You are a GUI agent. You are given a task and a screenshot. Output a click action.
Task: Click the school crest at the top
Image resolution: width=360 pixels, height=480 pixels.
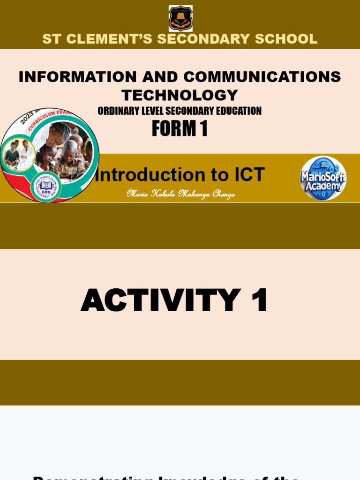coord(180,18)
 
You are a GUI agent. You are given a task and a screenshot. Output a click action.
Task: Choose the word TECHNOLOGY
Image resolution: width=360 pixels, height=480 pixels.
coord(180,95)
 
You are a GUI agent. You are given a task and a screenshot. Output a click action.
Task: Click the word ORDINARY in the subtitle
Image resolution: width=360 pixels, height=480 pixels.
coord(118,111)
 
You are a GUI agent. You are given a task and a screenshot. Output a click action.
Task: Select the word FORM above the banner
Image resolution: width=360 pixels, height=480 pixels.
coord(170,129)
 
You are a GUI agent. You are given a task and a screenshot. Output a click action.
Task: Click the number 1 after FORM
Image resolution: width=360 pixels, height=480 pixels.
coord(203,129)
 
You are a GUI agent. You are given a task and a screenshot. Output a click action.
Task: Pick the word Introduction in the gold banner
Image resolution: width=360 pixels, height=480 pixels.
coord(146,175)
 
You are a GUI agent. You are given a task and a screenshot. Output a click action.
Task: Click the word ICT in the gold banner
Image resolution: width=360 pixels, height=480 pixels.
coord(247,175)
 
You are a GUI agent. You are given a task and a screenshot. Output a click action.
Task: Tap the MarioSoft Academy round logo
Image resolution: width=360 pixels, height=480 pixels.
coord(323,178)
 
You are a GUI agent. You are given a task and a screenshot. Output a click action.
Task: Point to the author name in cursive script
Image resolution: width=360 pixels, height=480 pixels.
coord(180,194)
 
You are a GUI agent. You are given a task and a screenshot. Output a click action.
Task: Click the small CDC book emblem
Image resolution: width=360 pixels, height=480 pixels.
coord(46,186)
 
